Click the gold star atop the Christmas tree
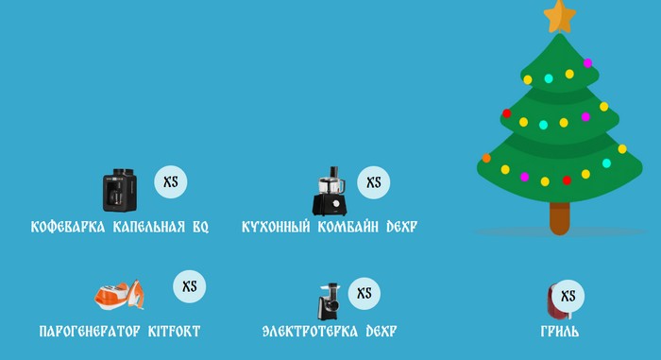pyautogui.click(x=560, y=14)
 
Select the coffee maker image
pyautogui.click(x=120, y=190)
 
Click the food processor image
pyautogui.click(x=330, y=192)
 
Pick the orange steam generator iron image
pyautogui.click(x=119, y=295)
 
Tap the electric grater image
pyautogui.click(x=328, y=300)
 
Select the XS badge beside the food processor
pyautogui.click(x=374, y=182)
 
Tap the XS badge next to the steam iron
pyautogui.click(x=189, y=286)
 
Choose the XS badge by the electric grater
pyautogui.click(x=364, y=293)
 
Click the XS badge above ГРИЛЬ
pyautogui.click(x=568, y=296)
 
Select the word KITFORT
pyautogui.click(x=174, y=332)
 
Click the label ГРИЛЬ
pyautogui.click(x=560, y=332)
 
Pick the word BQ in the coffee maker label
pyautogui.click(x=199, y=228)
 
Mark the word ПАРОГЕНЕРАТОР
pyautogui.click(x=90, y=332)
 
